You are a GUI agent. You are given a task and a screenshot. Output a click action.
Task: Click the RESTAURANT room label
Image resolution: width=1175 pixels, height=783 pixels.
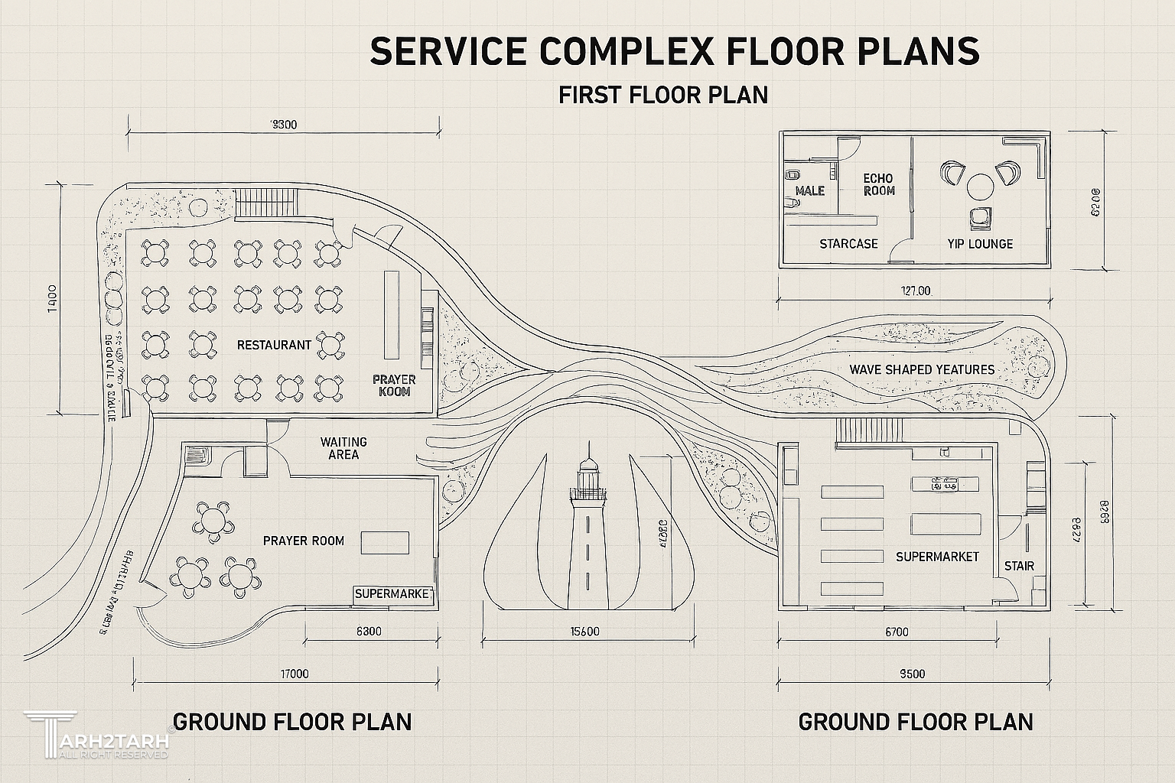point(274,345)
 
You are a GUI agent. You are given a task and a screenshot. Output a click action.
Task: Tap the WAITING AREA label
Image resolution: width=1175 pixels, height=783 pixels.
point(343,448)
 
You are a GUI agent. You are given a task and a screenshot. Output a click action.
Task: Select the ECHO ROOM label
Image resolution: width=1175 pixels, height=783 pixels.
point(878,184)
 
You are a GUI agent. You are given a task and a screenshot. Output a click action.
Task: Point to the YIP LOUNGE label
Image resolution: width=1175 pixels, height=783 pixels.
point(979,244)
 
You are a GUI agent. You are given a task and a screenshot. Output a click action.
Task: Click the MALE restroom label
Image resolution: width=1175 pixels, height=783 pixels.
point(810,190)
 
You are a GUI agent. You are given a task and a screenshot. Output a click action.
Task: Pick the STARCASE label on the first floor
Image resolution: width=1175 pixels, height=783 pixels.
point(848,244)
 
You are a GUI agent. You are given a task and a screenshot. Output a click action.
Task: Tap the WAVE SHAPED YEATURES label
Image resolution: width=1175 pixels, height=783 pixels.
point(922,369)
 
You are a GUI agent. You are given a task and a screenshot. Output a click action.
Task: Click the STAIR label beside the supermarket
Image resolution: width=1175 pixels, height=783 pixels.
point(1019,566)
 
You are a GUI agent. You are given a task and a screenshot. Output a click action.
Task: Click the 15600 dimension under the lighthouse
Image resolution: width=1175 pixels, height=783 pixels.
point(585,632)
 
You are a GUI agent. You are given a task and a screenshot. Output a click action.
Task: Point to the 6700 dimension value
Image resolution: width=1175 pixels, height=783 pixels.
point(897,632)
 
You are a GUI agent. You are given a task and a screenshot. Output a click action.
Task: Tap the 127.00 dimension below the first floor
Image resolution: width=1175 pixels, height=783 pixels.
point(915,291)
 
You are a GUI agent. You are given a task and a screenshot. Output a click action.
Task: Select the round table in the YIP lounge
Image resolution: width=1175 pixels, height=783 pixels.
point(980,186)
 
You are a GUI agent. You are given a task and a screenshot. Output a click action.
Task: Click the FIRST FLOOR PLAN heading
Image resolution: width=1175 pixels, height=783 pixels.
point(662,95)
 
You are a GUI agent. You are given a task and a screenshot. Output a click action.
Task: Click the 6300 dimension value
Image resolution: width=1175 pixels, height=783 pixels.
point(369,632)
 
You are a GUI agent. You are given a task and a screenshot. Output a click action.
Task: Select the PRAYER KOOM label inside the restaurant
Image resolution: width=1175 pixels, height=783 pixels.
point(394,385)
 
